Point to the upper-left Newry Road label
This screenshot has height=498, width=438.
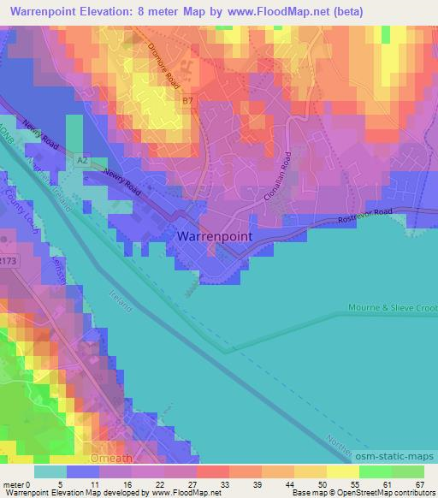tap(40, 133)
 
